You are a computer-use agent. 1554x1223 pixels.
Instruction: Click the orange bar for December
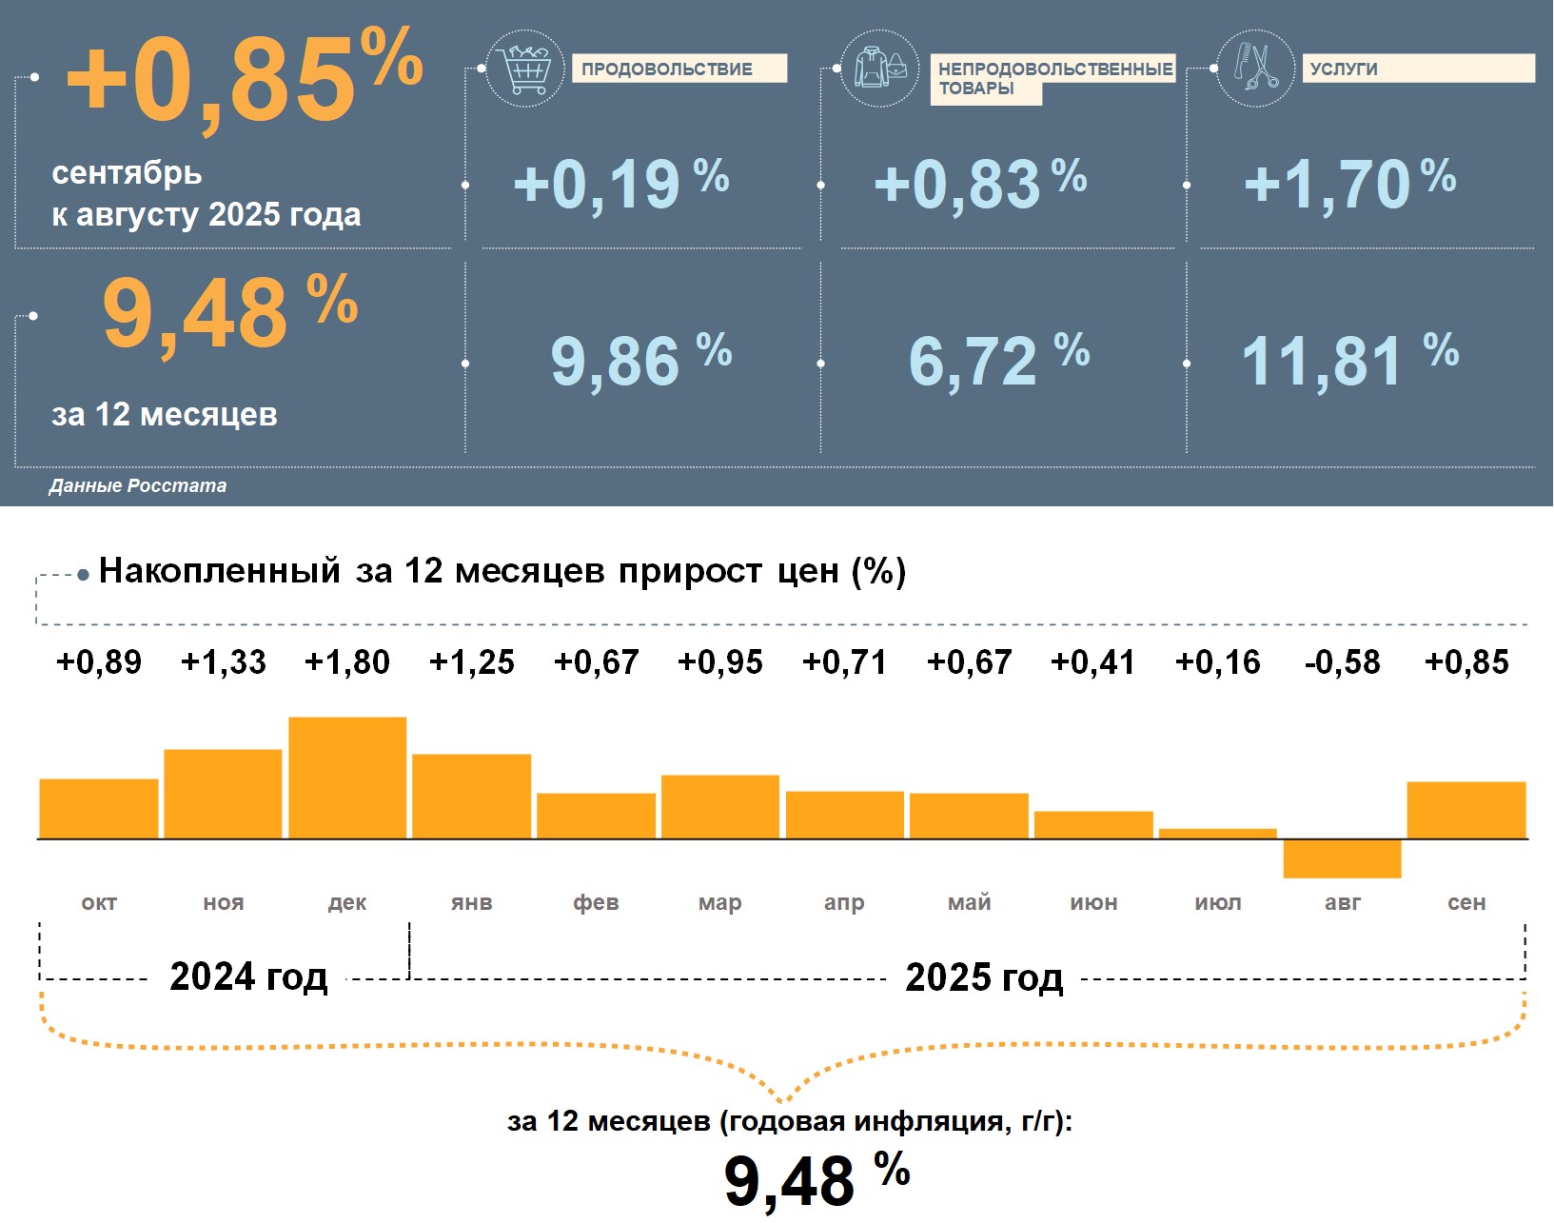point(347,778)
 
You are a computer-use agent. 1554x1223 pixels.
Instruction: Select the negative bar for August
point(1342,858)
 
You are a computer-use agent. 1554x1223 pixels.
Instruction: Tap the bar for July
point(1217,834)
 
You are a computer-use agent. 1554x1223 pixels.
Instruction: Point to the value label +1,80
point(347,662)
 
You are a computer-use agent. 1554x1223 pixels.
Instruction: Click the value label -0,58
point(1342,662)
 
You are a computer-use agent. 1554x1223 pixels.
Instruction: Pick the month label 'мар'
point(719,902)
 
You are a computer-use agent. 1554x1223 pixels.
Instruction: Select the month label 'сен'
point(1465,902)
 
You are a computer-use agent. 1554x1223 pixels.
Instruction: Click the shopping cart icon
point(525,69)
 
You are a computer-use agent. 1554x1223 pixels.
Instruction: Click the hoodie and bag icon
point(880,69)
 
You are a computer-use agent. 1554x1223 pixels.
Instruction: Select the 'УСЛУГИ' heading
point(1344,69)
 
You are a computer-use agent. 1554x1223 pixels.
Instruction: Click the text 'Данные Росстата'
point(138,486)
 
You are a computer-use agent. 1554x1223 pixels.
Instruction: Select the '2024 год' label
point(248,977)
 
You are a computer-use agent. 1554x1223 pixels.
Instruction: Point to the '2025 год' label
point(984,977)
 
